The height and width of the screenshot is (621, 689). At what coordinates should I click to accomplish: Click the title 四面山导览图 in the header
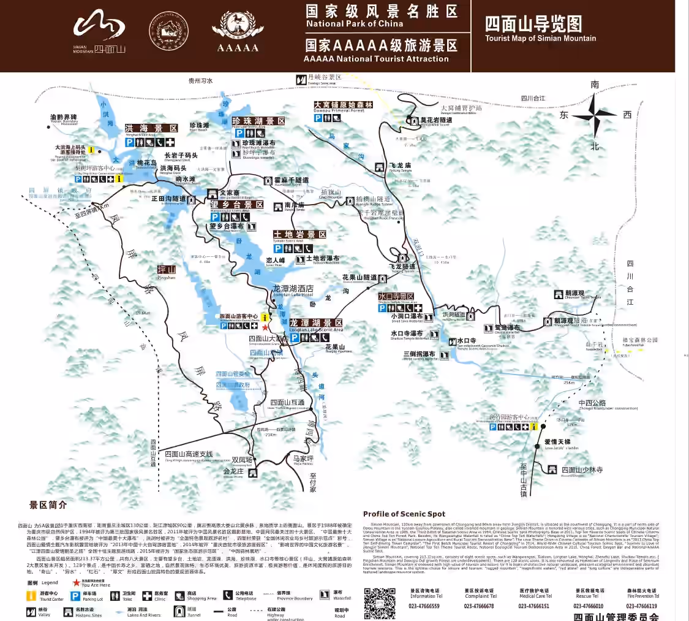533,24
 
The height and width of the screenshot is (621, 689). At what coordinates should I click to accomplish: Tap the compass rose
594,113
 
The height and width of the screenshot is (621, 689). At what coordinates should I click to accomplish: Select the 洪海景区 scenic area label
151,128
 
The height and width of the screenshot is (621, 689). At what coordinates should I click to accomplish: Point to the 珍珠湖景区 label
258,121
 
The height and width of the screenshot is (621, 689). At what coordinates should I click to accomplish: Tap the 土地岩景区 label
299,235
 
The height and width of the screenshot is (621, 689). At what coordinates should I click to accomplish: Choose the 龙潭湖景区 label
316,323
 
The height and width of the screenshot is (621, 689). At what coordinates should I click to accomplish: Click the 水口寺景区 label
396,297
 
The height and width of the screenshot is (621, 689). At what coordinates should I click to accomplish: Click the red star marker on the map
265,327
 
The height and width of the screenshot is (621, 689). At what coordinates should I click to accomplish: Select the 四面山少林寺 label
582,470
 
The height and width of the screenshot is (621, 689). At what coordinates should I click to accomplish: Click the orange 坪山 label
167,270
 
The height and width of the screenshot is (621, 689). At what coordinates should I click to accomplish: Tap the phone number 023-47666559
425,606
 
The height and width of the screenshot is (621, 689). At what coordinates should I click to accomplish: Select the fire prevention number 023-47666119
641,606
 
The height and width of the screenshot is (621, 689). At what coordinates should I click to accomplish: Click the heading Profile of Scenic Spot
404,514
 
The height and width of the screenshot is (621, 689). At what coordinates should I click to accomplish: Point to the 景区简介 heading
48,505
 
